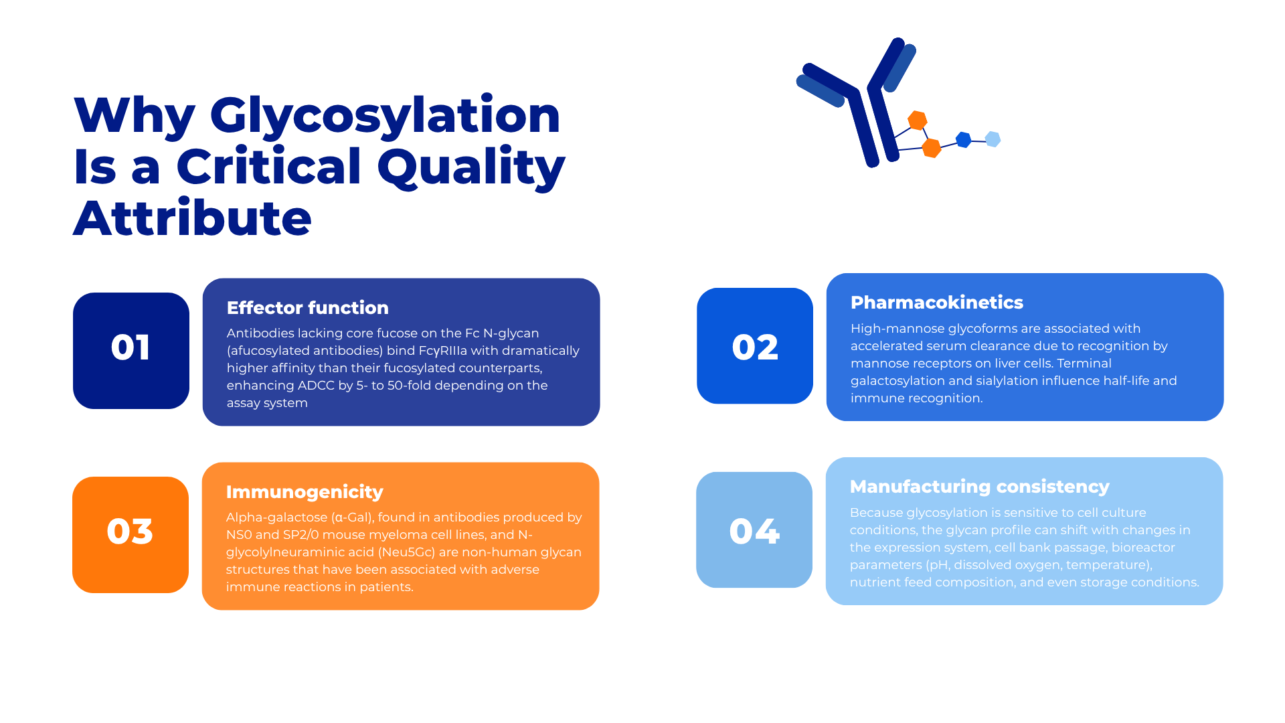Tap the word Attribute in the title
(193, 218)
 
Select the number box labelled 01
(131, 351)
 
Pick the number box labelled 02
(755, 346)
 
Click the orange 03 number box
(131, 535)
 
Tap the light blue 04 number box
(754, 530)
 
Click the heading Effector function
(308, 308)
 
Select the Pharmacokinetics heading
(937, 303)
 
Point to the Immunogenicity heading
(305, 492)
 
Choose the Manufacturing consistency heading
(980, 487)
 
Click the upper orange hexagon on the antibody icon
(918, 120)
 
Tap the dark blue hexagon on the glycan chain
(964, 140)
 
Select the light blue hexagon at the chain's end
(993, 139)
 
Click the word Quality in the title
(471, 167)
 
